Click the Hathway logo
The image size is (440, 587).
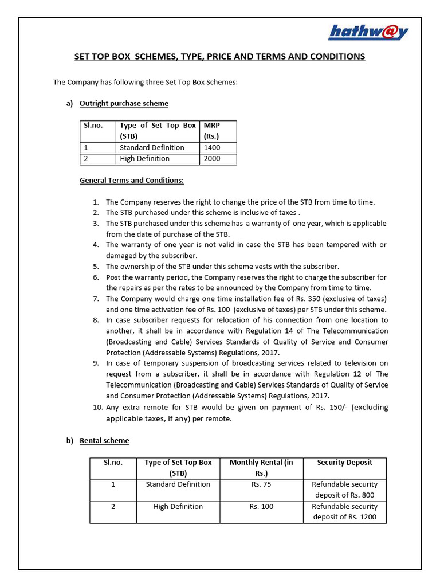coord(368,32)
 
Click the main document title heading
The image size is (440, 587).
coord(219,57)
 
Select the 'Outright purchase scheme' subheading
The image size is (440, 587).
coord(124,104)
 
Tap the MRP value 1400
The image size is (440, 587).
coord(211,147)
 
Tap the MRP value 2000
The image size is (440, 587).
coord(211,159)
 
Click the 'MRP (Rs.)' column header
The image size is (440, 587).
coord(212,131)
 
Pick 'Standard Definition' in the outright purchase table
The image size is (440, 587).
coord(152,147)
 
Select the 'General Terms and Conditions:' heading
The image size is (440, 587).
coord(132,181)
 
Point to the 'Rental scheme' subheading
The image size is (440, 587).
coord(104,441)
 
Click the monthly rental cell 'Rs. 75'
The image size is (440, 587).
coord(261,484)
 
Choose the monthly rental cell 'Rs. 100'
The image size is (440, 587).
coord(261,507)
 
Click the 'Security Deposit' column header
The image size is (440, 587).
coord(344,463)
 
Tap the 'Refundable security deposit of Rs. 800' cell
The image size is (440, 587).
coord(344,490)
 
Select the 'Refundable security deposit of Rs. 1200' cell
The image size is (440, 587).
coord(344,512)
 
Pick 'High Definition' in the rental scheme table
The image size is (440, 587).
coord(178,507)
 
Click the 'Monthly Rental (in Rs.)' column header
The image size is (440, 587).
coord(261,468)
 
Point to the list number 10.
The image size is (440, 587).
coord(96,408)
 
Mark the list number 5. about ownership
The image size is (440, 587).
coord(96,267)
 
